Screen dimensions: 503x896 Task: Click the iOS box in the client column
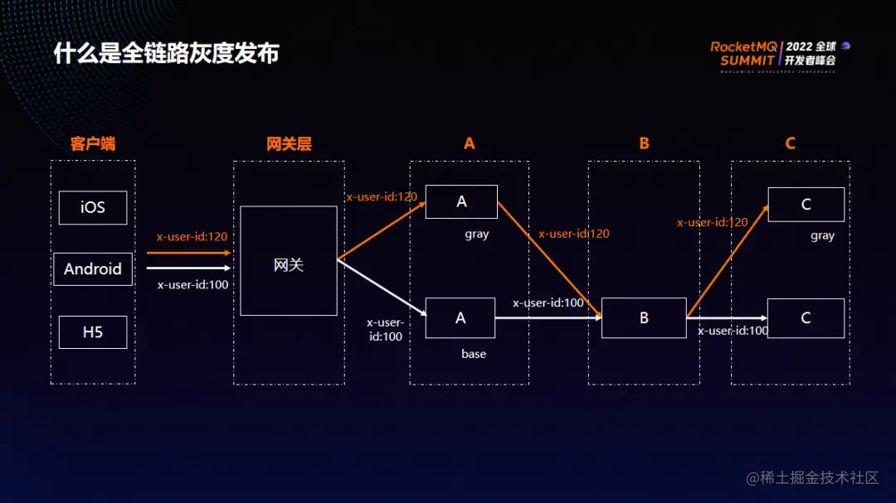click(x=93, y=207)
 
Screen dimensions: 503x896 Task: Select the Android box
click(x=93, y=269)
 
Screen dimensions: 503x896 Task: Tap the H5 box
click(x=93, y=332)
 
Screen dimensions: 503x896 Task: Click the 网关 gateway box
click(x=289, y=261)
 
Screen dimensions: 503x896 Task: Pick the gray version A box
click(x=461, y=202)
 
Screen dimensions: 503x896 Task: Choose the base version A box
click(x=460, y=318)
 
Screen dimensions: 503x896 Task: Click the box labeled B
click(x=644, y=318)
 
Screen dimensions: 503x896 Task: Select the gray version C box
click(x=806, y=205)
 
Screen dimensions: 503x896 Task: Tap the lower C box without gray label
click(x=806, y=318)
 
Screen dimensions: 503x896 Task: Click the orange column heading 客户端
click(x=93, y=143)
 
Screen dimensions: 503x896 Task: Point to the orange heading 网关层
click(x=289, y=143)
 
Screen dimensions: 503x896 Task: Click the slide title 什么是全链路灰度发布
click(x=166, y=54)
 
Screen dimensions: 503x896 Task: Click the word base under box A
click(x=474, y=354)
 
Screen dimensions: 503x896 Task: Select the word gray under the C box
click(x=822, y=236)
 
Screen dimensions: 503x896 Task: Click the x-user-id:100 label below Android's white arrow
click(x=192, y=285)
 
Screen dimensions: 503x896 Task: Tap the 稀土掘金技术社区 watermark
click(x=812, y=478)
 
